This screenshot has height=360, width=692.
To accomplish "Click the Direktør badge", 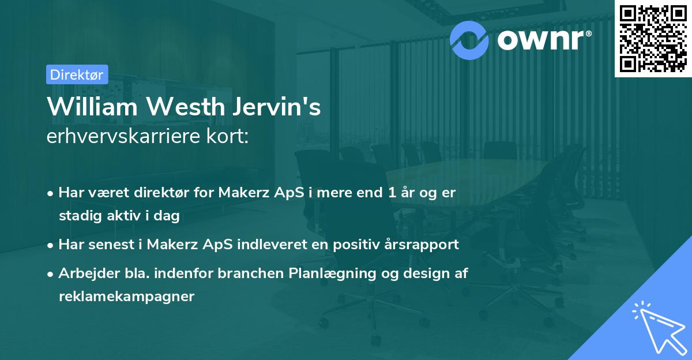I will click(77, 74).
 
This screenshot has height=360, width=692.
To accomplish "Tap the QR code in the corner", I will click(653, 38).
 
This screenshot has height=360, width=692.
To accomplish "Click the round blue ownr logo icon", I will click(470, 39).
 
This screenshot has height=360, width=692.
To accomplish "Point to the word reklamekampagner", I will click(126, 297).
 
